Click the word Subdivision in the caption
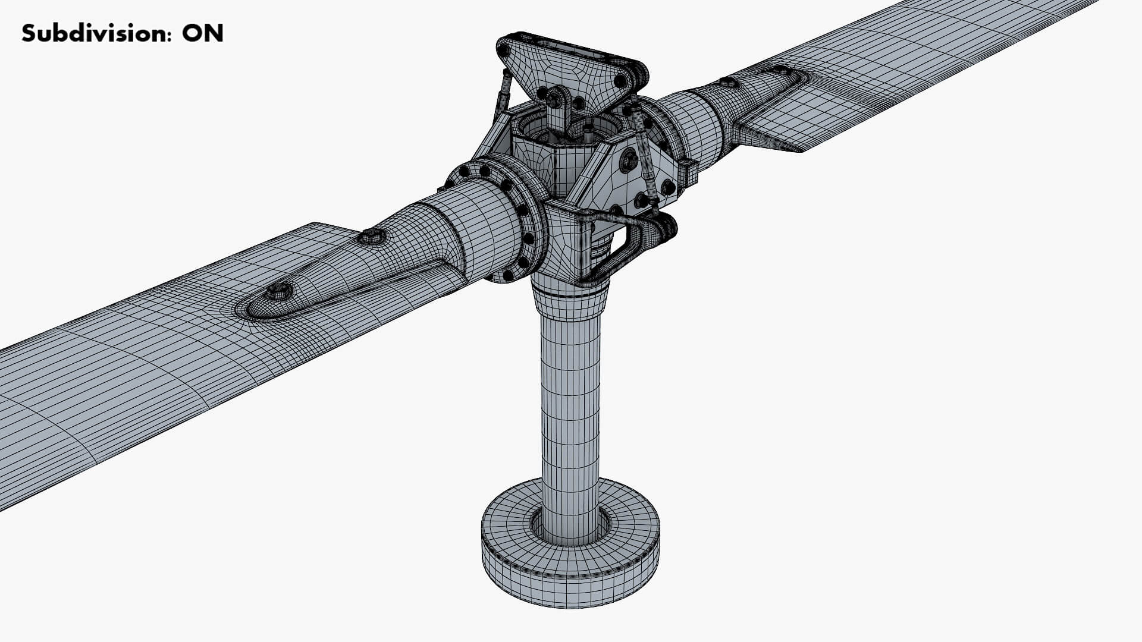point(89,34)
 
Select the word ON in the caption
point(203,34)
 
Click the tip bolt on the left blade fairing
point(278,291)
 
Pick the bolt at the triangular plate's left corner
point(504,52)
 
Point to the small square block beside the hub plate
point(689,172)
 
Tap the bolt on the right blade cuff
point(727,82)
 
